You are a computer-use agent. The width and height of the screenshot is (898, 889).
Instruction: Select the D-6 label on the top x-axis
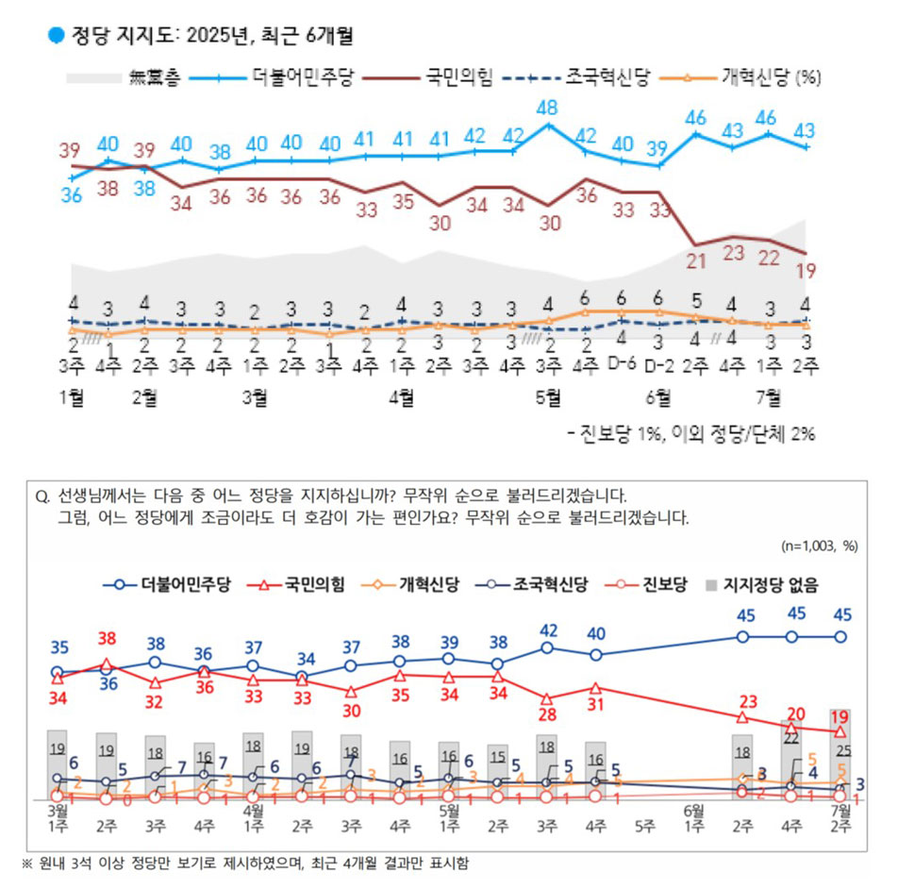(622, 362)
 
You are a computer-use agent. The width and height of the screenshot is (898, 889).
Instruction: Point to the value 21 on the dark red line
(696, 262)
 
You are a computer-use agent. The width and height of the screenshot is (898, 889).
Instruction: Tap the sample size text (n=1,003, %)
(819, 545)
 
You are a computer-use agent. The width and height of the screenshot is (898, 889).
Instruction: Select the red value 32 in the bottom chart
(155, 701)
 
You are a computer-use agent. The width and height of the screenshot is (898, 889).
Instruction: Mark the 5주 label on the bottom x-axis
(645, 827)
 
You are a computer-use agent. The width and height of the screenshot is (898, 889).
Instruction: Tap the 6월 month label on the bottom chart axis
(693, 810)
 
